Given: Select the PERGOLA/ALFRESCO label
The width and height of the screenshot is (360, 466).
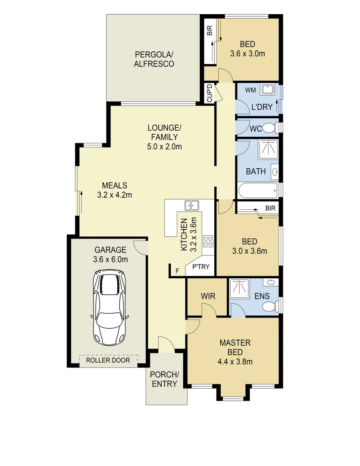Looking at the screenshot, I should click(154, 59).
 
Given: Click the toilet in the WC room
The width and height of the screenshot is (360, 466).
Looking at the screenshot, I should click(269, 128).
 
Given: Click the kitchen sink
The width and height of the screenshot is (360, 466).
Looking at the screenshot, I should click(191, 205).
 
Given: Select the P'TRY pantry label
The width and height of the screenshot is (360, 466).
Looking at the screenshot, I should click(200, 267).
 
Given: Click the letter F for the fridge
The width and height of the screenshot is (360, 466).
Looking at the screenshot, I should click(177, 271).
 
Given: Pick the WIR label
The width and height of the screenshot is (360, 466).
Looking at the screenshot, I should click(207, 296).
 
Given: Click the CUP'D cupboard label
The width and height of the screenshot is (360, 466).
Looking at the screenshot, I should click(209, 94).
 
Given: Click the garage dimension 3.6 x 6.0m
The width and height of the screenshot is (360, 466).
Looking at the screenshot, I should click(110, 259).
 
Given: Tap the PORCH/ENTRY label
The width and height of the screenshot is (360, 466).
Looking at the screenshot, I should click(165, 378).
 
